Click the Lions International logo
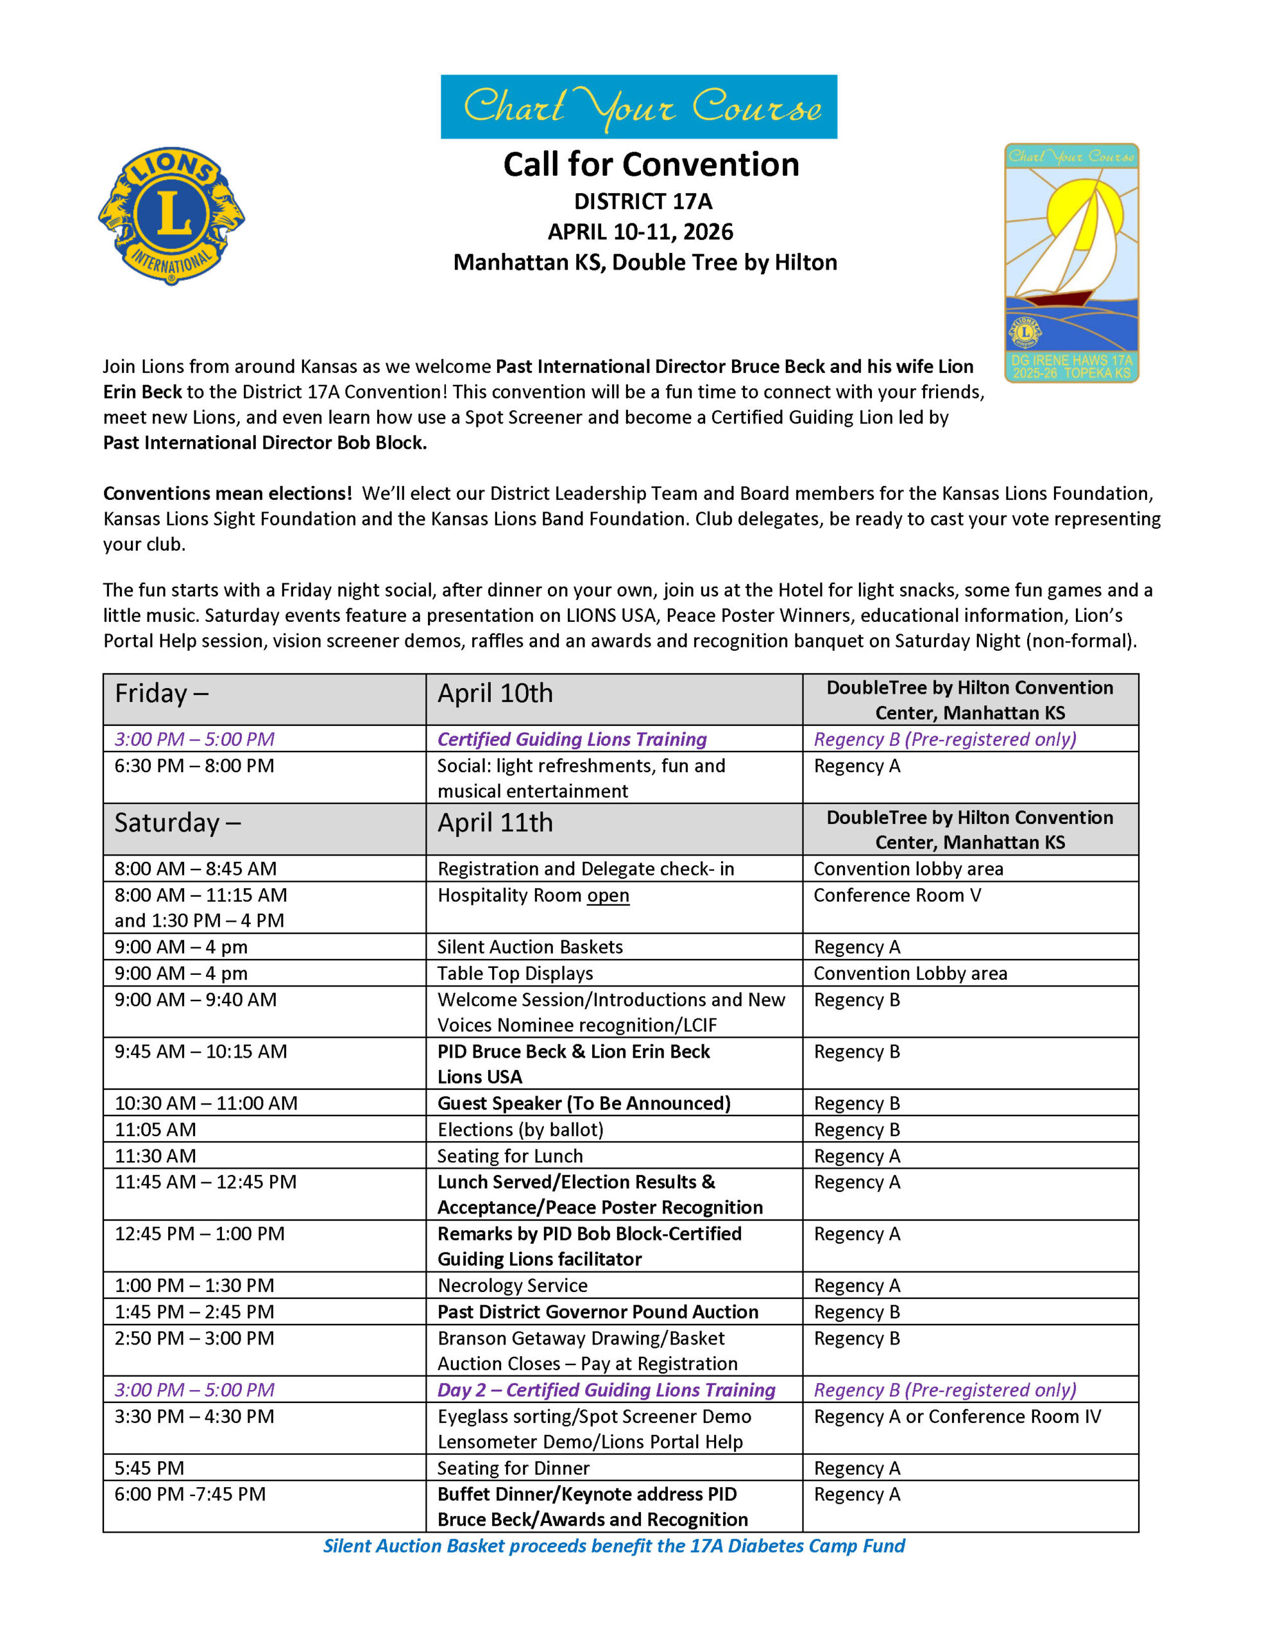coord(171,215)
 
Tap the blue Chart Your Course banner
coord(638,106)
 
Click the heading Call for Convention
coord(651,164)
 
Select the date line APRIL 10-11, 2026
coord(640,232)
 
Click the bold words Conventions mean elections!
coord(227,494)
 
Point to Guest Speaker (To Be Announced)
coord(584,1103)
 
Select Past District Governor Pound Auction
coord(597,1311)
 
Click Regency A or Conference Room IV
coord(957,1416)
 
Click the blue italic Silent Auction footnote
coord(614,1545)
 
